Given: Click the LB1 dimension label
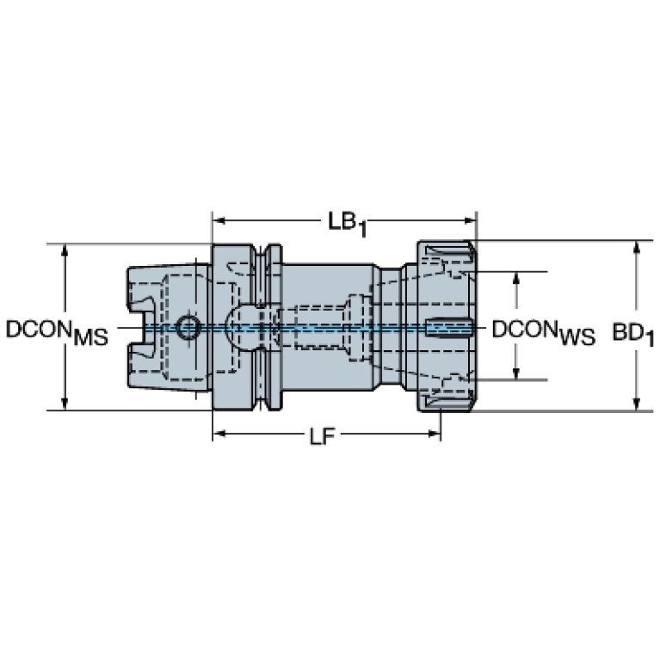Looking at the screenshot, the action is coord(347,224).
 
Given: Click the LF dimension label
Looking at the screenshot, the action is coord(323,437).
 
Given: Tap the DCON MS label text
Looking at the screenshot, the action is coord(57,331).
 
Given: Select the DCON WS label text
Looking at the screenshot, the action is coord(544,331).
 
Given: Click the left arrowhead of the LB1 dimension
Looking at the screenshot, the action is coord(219,220).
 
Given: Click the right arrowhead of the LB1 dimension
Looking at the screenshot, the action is coord(470,220).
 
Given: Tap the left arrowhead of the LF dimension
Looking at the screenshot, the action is coord(219,433).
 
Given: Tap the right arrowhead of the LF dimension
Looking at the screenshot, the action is coord(434,433).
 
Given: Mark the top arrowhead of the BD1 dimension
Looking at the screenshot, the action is coord(637,248).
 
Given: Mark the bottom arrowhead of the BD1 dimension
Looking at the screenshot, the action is coord(637,404).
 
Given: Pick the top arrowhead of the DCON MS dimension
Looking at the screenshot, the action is coord(65,251).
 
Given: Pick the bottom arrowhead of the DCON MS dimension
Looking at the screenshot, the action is coord(65,404).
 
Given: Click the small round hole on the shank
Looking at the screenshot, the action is coord(188,327).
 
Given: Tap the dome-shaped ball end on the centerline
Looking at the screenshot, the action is coord(237,327).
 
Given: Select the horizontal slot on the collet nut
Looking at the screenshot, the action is coord(448,327).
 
